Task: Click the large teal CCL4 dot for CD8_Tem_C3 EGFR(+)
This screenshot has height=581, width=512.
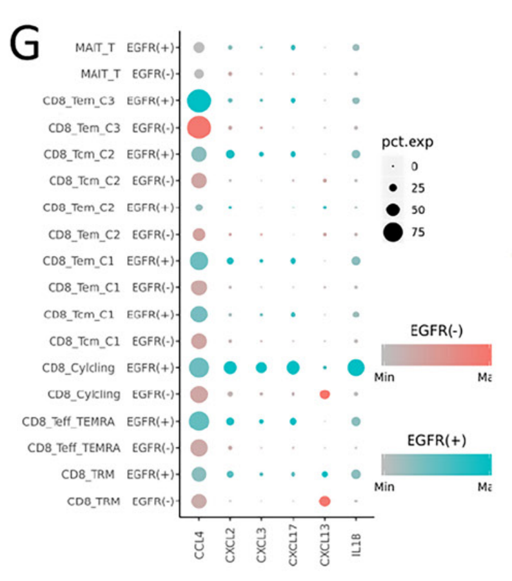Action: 199,101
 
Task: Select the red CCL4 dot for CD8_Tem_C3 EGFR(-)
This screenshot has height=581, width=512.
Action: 199,127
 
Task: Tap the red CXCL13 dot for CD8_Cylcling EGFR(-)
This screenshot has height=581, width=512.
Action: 324,394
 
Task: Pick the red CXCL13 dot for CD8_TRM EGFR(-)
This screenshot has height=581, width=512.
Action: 324,501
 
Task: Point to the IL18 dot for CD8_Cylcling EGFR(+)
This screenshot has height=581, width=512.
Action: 356,368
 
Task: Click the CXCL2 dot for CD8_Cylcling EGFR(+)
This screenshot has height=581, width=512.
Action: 230,368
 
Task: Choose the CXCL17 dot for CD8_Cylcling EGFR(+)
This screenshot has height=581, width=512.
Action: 293,368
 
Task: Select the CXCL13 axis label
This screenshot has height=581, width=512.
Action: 325,548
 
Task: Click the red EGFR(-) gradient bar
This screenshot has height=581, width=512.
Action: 436,355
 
